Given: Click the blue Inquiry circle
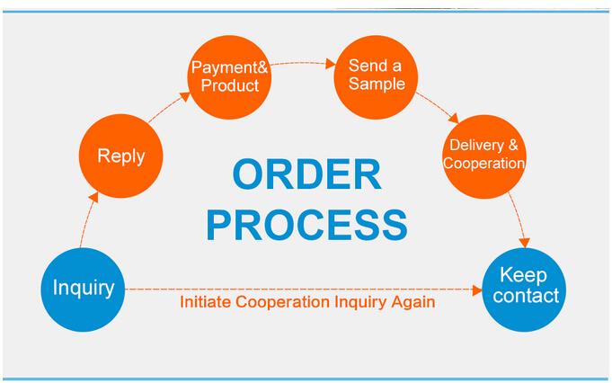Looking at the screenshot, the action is (x=83, y=289).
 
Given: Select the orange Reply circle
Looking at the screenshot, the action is (x=121, y=156).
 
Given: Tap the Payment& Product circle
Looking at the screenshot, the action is (x=229, y=77).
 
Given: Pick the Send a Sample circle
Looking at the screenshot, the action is (x=376, y=77).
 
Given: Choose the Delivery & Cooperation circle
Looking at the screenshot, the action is (x=484, y=156).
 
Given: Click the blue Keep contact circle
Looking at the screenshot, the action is (x=524, y=289).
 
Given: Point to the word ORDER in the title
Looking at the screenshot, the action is (x=306, y=174).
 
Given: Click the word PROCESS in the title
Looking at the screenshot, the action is (x=306, y=224).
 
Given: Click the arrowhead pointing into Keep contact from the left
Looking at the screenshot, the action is (x=477, y=290).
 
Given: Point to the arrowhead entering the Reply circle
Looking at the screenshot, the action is (x=93, y=197).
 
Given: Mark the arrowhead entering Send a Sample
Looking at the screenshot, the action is (x=330, y=64).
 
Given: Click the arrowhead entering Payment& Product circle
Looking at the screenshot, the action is (x=185, y=96).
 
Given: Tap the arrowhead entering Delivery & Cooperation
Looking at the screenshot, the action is (x=454, y=118).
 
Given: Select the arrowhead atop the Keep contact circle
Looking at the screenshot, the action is (x=525, y=243).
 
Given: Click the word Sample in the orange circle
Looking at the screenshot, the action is (x=377, y=84).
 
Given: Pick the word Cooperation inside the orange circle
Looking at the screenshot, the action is (x=484, y=164).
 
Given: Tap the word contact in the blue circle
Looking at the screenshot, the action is (x=526, y=296).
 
